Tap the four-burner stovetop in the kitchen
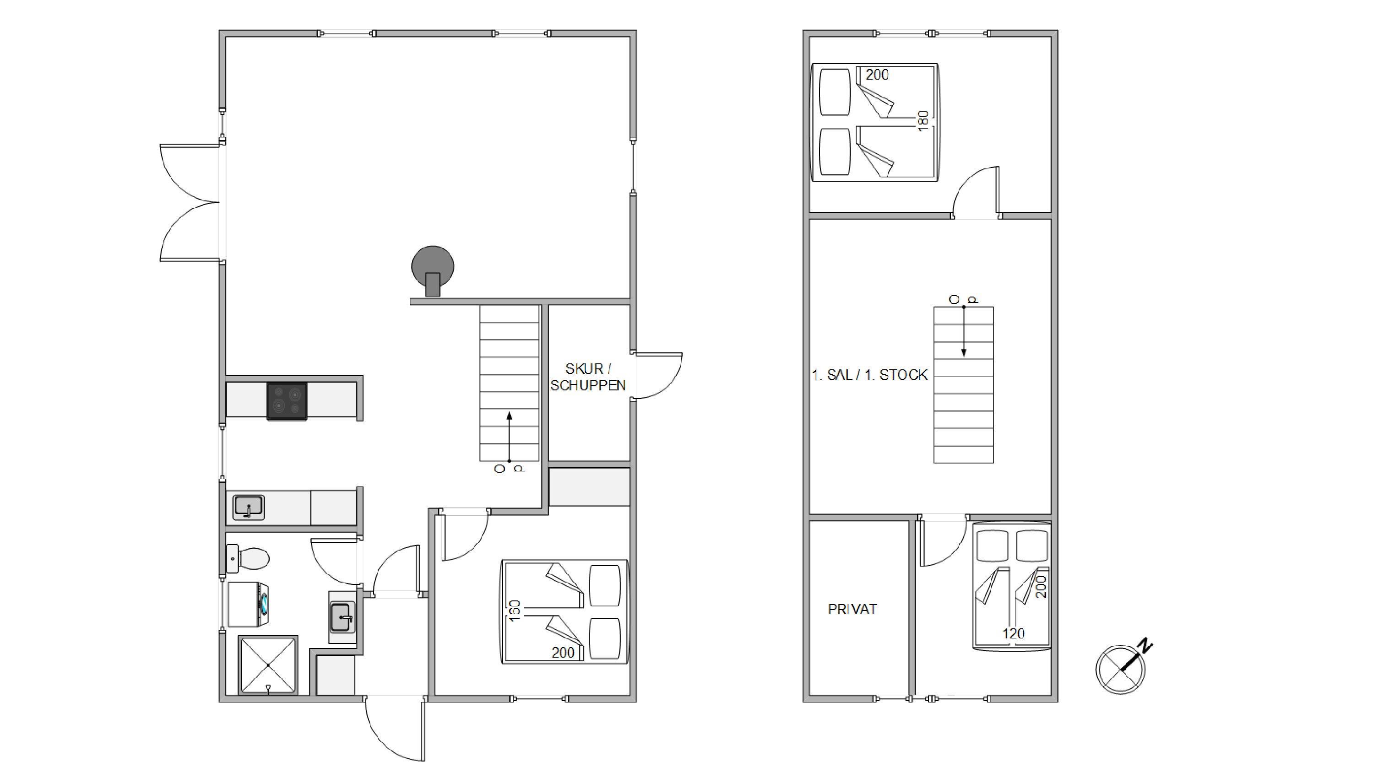click(288, 400)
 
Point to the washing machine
click(248, 605)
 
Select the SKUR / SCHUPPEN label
click(588, 377)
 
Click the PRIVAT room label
click(852, 610)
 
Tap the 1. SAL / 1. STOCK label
click(869, 375)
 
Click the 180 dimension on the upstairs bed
click(923, 121)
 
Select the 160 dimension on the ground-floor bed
click(514, 611)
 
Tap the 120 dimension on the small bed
click(1013, 633)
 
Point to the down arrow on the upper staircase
click(963, 331)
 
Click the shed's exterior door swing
click(659, 376)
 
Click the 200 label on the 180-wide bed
click(877, 75)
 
